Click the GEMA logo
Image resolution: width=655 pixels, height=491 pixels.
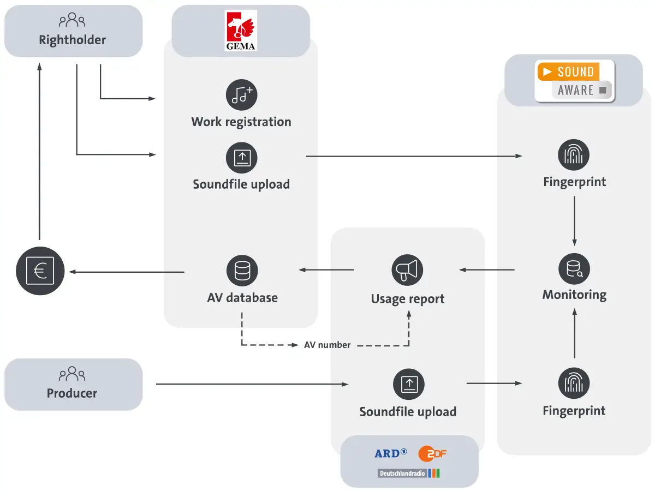click(241, 31)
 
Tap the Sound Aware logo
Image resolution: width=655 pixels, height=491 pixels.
click(574, 81)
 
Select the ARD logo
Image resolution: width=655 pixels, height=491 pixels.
click(390, 453)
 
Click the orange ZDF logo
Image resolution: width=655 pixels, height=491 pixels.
click(432, 453)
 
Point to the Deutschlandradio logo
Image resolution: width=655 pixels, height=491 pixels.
click(409, 473)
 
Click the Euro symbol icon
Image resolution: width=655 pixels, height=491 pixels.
click(40, 271)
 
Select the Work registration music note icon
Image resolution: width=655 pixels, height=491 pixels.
click(241, 95)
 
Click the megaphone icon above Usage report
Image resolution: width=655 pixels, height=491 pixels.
click(408, 270)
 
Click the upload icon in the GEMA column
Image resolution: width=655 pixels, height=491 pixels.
click(241, 158)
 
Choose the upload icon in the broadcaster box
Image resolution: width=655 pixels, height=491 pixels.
click(409, 384)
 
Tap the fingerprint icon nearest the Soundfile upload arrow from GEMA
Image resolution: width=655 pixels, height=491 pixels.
click(574, 155)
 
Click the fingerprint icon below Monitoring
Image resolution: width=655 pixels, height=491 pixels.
click(574, 383)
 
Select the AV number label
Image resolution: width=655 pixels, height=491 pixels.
click(327, 345)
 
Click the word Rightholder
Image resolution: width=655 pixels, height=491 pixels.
click(72, 40)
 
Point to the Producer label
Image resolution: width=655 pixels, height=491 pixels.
click(72, 393)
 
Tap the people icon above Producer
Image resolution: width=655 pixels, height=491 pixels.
click(72, 374)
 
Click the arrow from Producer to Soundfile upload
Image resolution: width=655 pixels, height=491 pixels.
click(252, 385)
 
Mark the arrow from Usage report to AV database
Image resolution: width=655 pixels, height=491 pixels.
click(326, 270)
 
